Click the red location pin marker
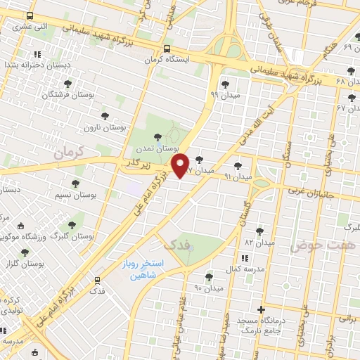click(x=181, y=165)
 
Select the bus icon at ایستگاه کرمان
click(x=167, y=49)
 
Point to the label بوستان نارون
click(x=103, y=129)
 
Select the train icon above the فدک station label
click(x=97, y=279)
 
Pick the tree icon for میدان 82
click(x=259, y=231)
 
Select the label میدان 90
click(x=208, y=288)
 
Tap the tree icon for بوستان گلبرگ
click(x=71, y=225)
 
